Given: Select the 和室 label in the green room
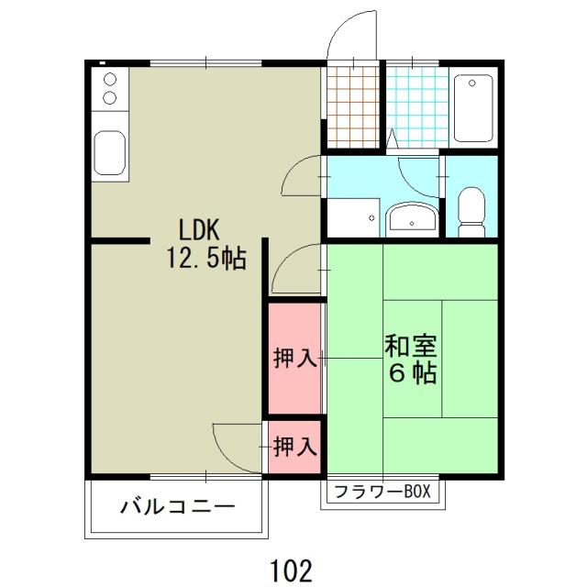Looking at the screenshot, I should [410, 347].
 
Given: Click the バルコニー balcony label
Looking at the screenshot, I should [178, 507].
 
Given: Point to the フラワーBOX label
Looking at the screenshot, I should [382, 493].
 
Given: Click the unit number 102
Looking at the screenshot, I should [292, 569].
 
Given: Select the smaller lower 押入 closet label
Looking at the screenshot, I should [295, 447].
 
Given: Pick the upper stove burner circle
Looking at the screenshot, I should [110, 80].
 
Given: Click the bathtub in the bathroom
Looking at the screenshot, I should [473, 107].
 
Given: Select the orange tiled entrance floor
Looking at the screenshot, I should [352, 107].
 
